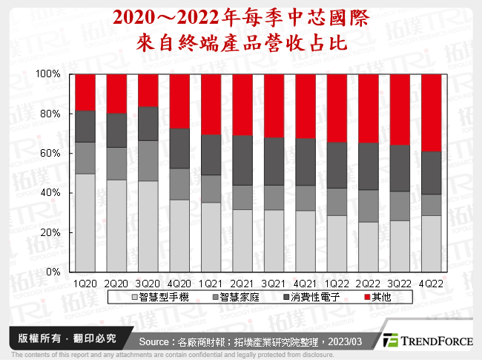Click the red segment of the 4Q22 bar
tap(432, 112)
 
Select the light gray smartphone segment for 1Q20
tap(86, 223)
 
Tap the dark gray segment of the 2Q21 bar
tap(243, 160)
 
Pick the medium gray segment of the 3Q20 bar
tap(149, 160)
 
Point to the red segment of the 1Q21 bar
tap(212, 104)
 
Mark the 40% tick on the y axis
tap(50, 193)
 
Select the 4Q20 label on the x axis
tap(180, 284)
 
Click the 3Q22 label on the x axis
tap(400, 284)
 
